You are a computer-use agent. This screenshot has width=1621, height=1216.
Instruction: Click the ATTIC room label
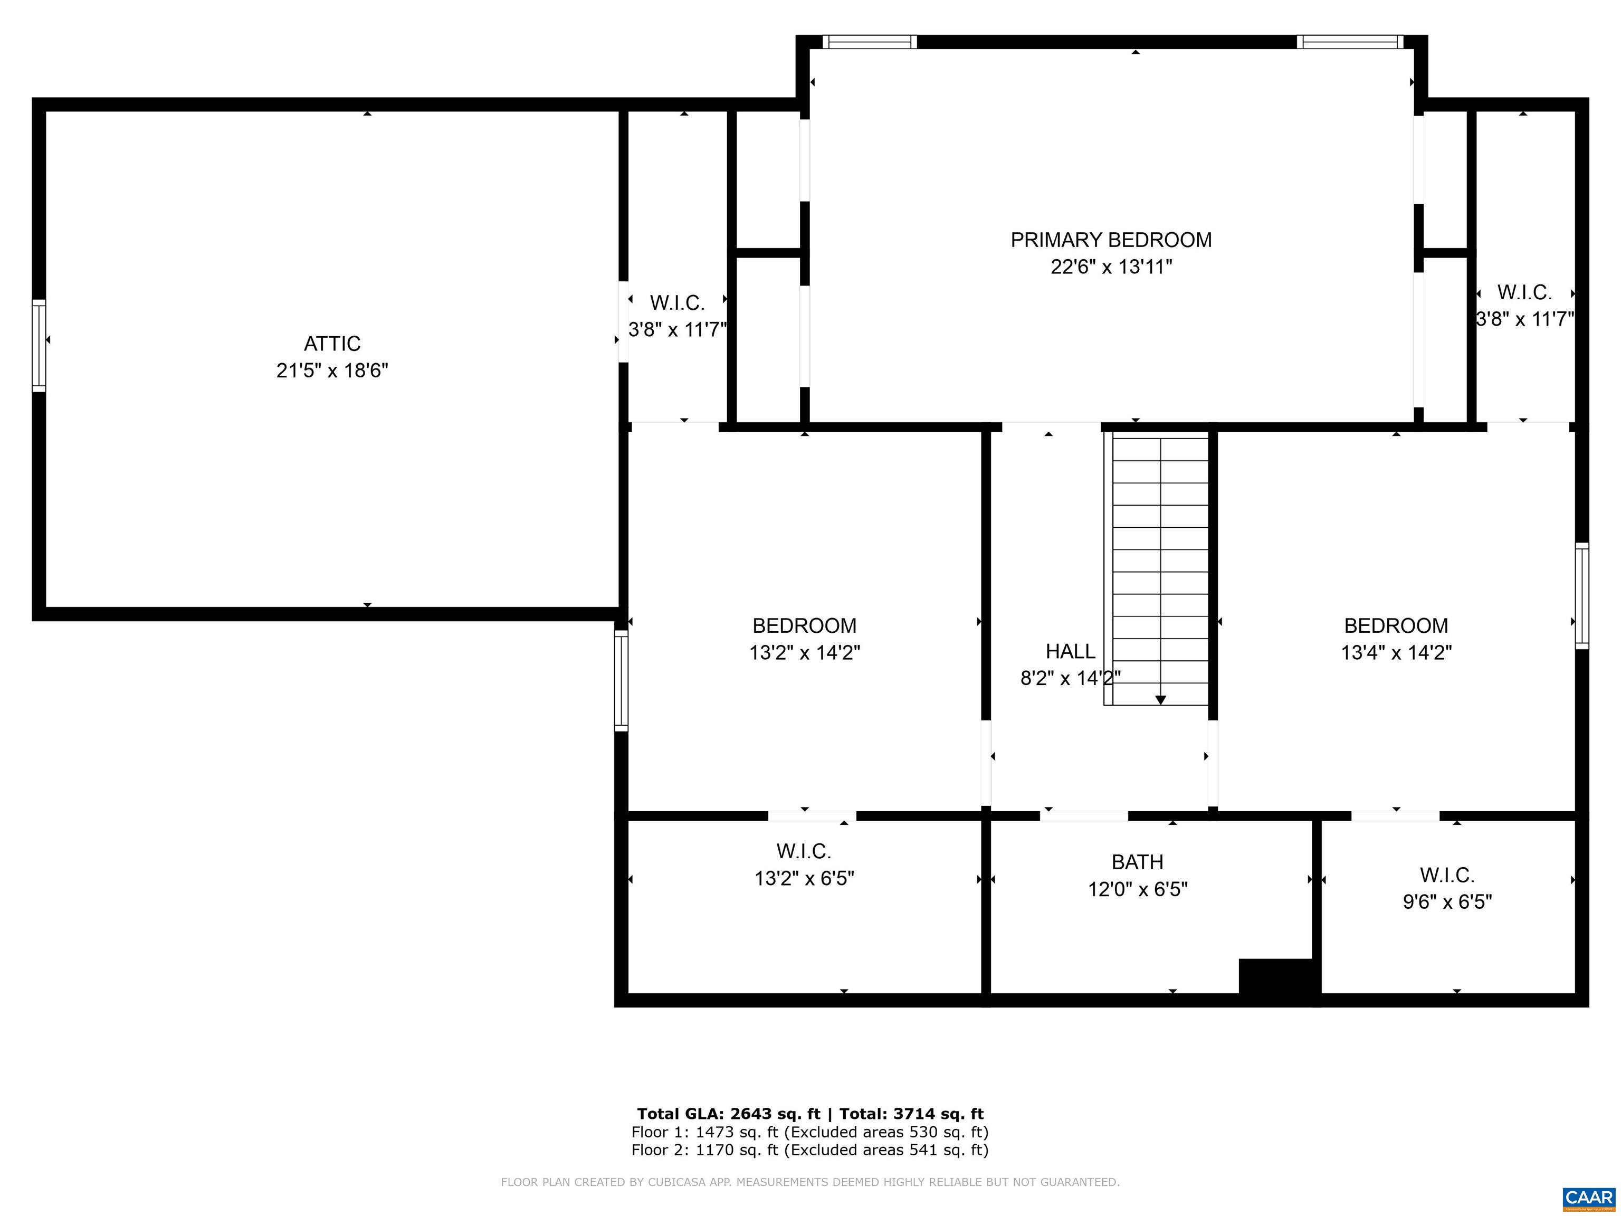pos(332,343)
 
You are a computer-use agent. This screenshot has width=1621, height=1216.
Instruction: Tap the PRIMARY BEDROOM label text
pos(1110,240)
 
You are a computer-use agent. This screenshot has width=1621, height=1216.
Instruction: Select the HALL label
pos(1070,651)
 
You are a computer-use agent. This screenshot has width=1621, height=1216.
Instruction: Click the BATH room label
pos(1137,862)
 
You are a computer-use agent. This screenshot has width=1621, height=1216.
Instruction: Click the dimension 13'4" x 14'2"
pos(1396,652)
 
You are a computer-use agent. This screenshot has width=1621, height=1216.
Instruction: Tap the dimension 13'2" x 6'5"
pos(804,878)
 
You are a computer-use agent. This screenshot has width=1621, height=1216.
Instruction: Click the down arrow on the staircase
pos(1160,700)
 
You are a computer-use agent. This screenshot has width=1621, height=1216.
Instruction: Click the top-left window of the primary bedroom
pos(869,42)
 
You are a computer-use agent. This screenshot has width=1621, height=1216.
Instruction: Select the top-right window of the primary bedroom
pos(1349,42)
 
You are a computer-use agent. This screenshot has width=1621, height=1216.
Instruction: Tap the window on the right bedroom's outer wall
pos(1582,596)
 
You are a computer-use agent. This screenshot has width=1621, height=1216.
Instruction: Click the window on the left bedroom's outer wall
pos(621,681)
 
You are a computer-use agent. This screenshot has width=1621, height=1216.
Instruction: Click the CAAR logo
pos(1588,1198)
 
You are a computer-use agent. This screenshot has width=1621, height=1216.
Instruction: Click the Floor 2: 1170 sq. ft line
pos(810,1150)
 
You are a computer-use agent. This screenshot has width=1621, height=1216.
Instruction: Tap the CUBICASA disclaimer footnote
pos(810,1182)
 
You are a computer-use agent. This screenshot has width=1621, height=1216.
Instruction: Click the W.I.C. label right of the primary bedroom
pos(1524,292)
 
